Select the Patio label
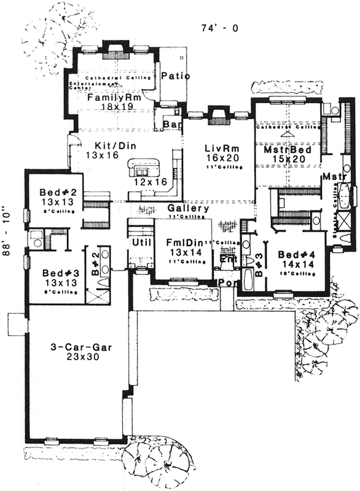[175, 77]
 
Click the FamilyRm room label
[114, 98]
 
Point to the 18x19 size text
[114, 107]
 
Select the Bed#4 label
[297, 255]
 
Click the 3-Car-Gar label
[75, 348]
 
